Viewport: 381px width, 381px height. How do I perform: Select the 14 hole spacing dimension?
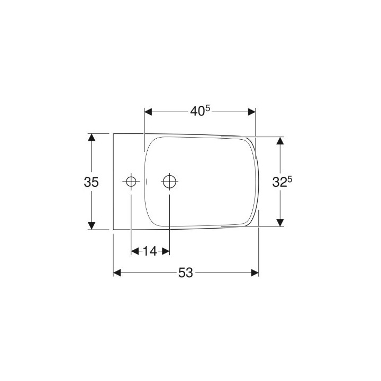coord(150,251)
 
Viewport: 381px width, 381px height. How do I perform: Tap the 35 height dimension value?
coord(91,182)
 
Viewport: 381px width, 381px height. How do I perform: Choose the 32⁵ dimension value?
coord(282,182)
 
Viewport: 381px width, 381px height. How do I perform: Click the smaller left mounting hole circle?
coord(131,182)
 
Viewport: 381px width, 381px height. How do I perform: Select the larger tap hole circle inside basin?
coord(169,182)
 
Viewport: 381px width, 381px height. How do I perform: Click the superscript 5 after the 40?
coord(208,108)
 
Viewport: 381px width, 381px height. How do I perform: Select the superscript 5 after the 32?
coord(290,179)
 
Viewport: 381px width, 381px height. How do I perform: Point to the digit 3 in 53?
coord(189,273)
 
